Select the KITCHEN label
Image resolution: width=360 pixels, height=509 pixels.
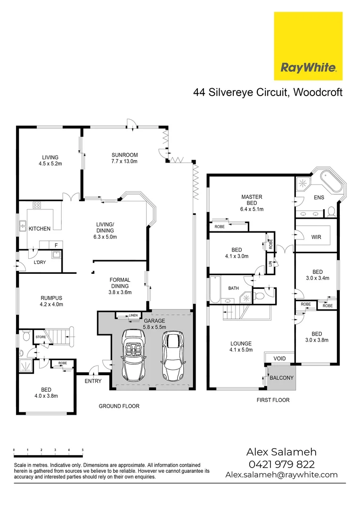(40, 229)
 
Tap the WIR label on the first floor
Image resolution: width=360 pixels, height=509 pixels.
(316, 237)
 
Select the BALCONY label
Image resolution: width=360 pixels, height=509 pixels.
(281, 378)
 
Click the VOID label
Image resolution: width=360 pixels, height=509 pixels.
(280, 359)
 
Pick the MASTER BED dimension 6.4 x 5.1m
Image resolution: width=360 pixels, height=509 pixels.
(252, 209)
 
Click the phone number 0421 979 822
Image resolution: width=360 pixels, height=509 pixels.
(281, 464)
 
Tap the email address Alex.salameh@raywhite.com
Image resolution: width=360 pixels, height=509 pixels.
(281, 475)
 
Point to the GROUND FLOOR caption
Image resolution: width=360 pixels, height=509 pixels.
(119, 406)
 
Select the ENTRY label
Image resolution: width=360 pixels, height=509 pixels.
(93, 381)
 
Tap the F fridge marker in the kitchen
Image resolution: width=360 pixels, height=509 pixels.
(56, 245)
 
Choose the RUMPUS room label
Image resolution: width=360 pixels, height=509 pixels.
(52, 297)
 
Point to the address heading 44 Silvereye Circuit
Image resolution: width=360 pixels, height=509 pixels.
(268, 92)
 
